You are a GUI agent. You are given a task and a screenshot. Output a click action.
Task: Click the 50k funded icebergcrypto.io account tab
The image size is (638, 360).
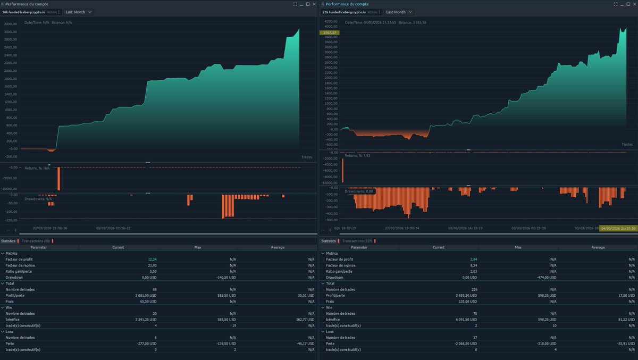click(x=31, y=12)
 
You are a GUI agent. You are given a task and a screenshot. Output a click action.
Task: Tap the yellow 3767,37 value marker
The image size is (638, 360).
click(x=329, y=32)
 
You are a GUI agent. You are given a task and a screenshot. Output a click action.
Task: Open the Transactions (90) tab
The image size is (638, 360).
click(x=36, y=241)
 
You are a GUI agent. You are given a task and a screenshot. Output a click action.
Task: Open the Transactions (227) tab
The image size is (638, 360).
click(x=356, y=241)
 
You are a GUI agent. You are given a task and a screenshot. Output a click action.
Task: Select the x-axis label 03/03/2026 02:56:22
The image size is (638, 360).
click(x=113, y=228)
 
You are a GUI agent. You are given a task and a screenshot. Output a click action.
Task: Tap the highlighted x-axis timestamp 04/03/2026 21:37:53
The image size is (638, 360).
click(x=618, y=229)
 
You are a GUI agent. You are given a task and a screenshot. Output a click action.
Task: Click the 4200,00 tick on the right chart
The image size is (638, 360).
click(x=331, y=21)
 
